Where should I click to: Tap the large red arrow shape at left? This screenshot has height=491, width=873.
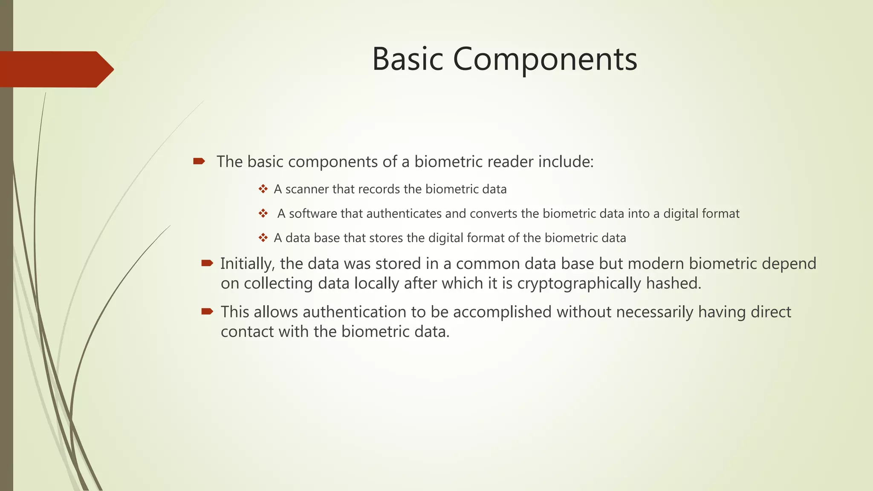55,69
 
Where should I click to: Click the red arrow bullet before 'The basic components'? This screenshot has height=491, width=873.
199,161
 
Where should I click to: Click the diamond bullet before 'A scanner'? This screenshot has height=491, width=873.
263,189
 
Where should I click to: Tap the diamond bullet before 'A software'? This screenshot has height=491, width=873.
263,213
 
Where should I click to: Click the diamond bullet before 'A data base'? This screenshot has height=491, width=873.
263,237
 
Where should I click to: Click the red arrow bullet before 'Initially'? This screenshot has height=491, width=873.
207,263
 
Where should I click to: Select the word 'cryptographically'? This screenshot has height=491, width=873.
579,283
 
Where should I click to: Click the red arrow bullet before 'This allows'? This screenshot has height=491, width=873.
207,312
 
